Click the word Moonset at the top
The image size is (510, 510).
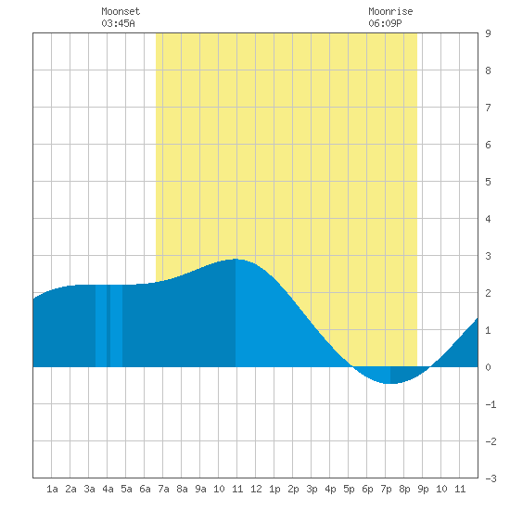click(x=121, y=11)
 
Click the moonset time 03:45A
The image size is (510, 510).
click(x=118, y=23)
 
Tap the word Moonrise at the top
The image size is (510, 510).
click(x=390, y=11)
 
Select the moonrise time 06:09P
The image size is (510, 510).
click(x=385, y=23)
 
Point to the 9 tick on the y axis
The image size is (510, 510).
click(x=488, y=33)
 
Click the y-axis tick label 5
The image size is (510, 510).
click(x=488, y=182)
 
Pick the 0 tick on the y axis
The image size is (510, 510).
click(x=488, y=367)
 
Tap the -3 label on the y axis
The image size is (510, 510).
click(x=491, y=478)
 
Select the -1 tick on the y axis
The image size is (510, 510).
click(x=491, y=404)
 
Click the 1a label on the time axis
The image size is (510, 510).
click(x=52, y=489)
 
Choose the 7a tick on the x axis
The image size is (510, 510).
click(x=163, y=489)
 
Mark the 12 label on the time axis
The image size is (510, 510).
click(x=256, y=489)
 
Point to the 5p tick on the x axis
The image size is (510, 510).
click(x=349, y=489)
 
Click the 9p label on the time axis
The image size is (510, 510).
click(x=423, y=489)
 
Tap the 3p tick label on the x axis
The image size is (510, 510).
click(x=312, y=489)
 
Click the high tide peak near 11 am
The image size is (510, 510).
click(x=236, y=260)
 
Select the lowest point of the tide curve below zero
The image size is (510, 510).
click(x=390, y=384)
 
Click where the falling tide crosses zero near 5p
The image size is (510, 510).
click(x=352, y=367)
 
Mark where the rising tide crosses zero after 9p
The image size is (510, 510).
click(x=430, y=367)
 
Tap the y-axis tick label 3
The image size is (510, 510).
click(x=488, y=256)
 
